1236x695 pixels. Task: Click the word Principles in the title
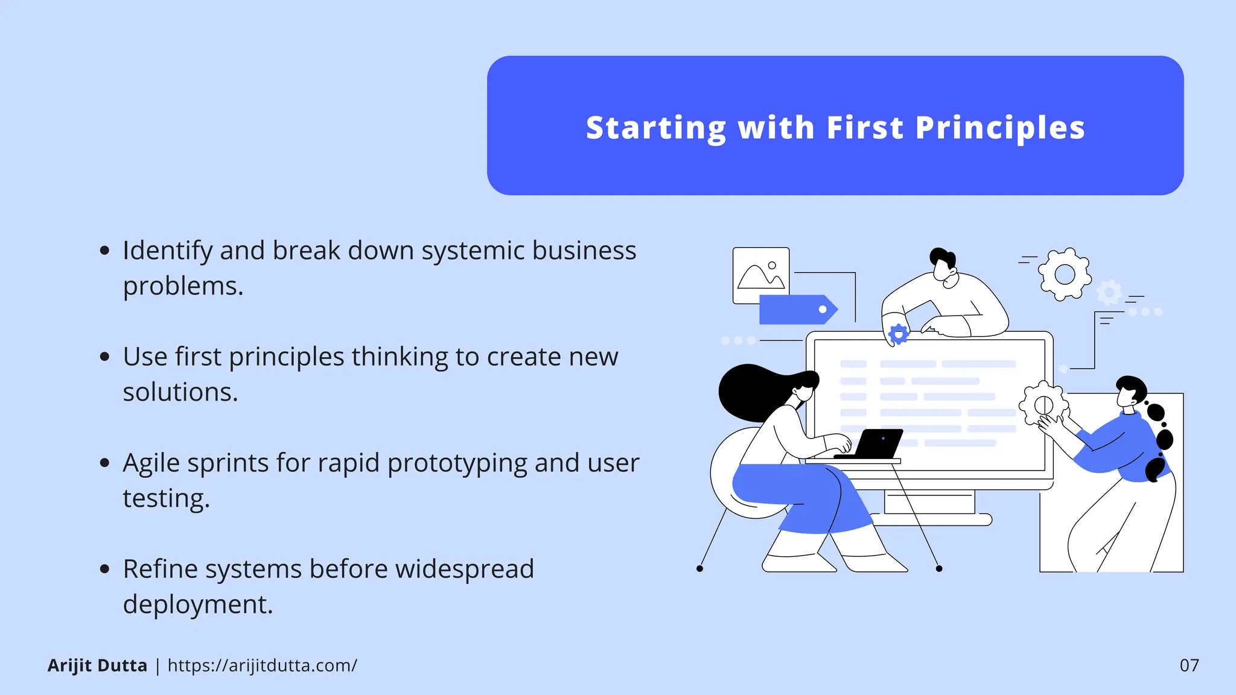pos(1000,128)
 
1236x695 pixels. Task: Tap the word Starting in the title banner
pos(656,128)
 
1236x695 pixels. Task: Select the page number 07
pos(1189,665)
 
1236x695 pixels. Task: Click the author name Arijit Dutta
pos(97,665)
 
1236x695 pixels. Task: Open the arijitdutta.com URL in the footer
pos(262,665)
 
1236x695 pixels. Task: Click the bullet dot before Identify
pos(105,250)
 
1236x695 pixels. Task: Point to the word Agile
pos(151,463)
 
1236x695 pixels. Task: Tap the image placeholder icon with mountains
pos(760,275)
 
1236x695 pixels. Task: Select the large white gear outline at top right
pos(1065,274)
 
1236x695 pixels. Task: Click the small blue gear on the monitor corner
pos(899,334)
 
